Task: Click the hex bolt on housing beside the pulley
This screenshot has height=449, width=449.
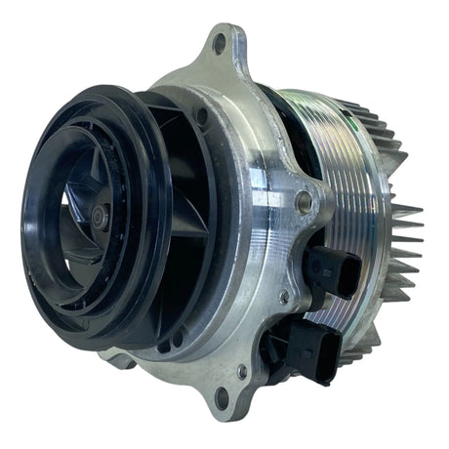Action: coord(305,203)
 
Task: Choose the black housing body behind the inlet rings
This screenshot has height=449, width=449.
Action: coord(195,224)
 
